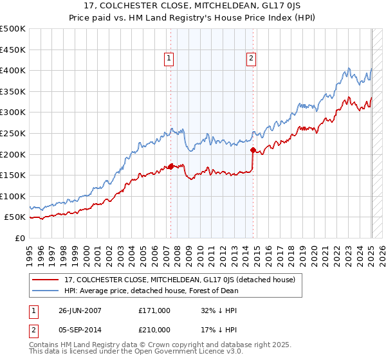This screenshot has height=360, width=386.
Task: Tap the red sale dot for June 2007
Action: [x=171, y=166]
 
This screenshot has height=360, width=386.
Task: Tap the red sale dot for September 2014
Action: [x=253, y=150]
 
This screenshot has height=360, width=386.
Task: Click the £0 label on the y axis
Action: [x=19, y=238]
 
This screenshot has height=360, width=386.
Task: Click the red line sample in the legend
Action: [x=46, y=280]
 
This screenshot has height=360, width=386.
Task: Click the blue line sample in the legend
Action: [x=46, y=291]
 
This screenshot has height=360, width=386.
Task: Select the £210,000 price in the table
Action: [x=154, y=330]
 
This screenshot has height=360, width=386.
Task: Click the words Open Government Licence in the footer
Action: [x=165, y=353]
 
